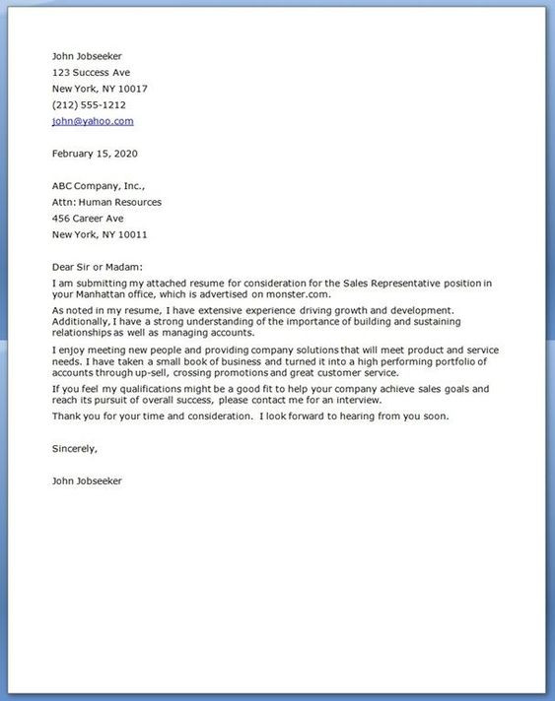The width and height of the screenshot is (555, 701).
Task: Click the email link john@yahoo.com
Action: click(x=92, y=121)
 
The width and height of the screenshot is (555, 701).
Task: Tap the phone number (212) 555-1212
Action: click(x=88, y=104)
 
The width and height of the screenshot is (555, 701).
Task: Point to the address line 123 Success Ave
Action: click(x=91, y=73)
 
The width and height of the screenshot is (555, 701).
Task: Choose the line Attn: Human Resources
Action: click(x=106, y=202)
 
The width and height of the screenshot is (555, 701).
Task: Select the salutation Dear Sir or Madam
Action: click(x=97, y=267)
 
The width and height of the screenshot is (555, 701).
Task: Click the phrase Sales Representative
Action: click(x=382, y=283)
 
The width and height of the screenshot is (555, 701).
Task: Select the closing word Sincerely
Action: click(x=75, y=448)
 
